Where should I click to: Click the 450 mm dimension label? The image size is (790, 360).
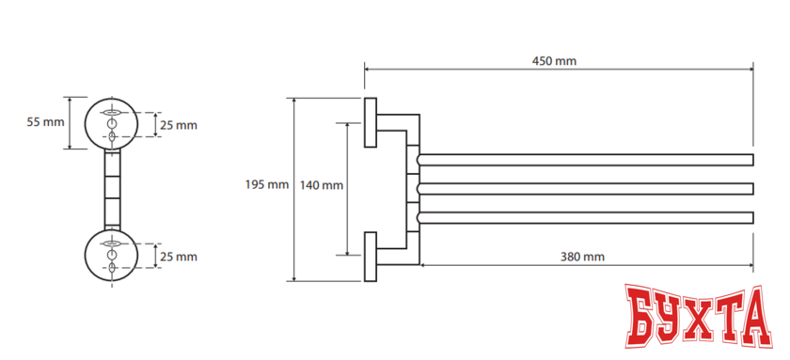pos(554,61)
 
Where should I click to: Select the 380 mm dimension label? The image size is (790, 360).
pos(582,257)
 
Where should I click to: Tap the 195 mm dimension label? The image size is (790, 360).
pos(267,185)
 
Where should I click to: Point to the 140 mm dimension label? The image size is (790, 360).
pos(322,185)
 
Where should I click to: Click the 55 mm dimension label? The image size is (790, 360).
pos(46,122)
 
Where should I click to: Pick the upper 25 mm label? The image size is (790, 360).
pos(179,125)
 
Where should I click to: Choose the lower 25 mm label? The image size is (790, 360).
pos(179,257)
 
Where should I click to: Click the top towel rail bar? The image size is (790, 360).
pos(585,160)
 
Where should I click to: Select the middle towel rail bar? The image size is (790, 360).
pos(585,189)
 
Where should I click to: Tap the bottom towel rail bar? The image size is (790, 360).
pos(585,217)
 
